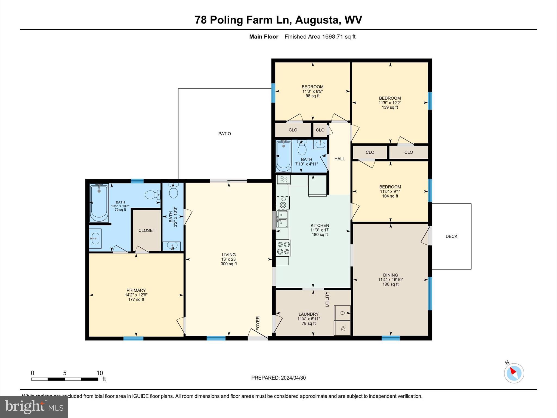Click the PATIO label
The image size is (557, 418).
(224, 134)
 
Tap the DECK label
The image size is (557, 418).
(451, 236)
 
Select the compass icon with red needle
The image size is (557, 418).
(514, 373)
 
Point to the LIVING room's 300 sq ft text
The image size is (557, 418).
(229, 264)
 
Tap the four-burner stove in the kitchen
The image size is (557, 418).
(283, 248)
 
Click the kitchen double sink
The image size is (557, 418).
(282, 219)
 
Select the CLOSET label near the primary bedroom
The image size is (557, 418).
(147, 230)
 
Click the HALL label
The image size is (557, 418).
(339, 159)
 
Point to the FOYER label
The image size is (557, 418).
(258, 323)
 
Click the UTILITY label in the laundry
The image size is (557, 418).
(327, 299)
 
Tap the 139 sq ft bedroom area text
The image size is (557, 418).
(390, 107)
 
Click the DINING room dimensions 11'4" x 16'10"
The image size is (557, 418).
(390, 280)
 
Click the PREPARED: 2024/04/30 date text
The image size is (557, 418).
(278, 378)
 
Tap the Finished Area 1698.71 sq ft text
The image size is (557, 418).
(320, 37)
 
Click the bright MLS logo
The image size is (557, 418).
(34, 407)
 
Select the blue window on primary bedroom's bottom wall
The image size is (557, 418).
(133, 339)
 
